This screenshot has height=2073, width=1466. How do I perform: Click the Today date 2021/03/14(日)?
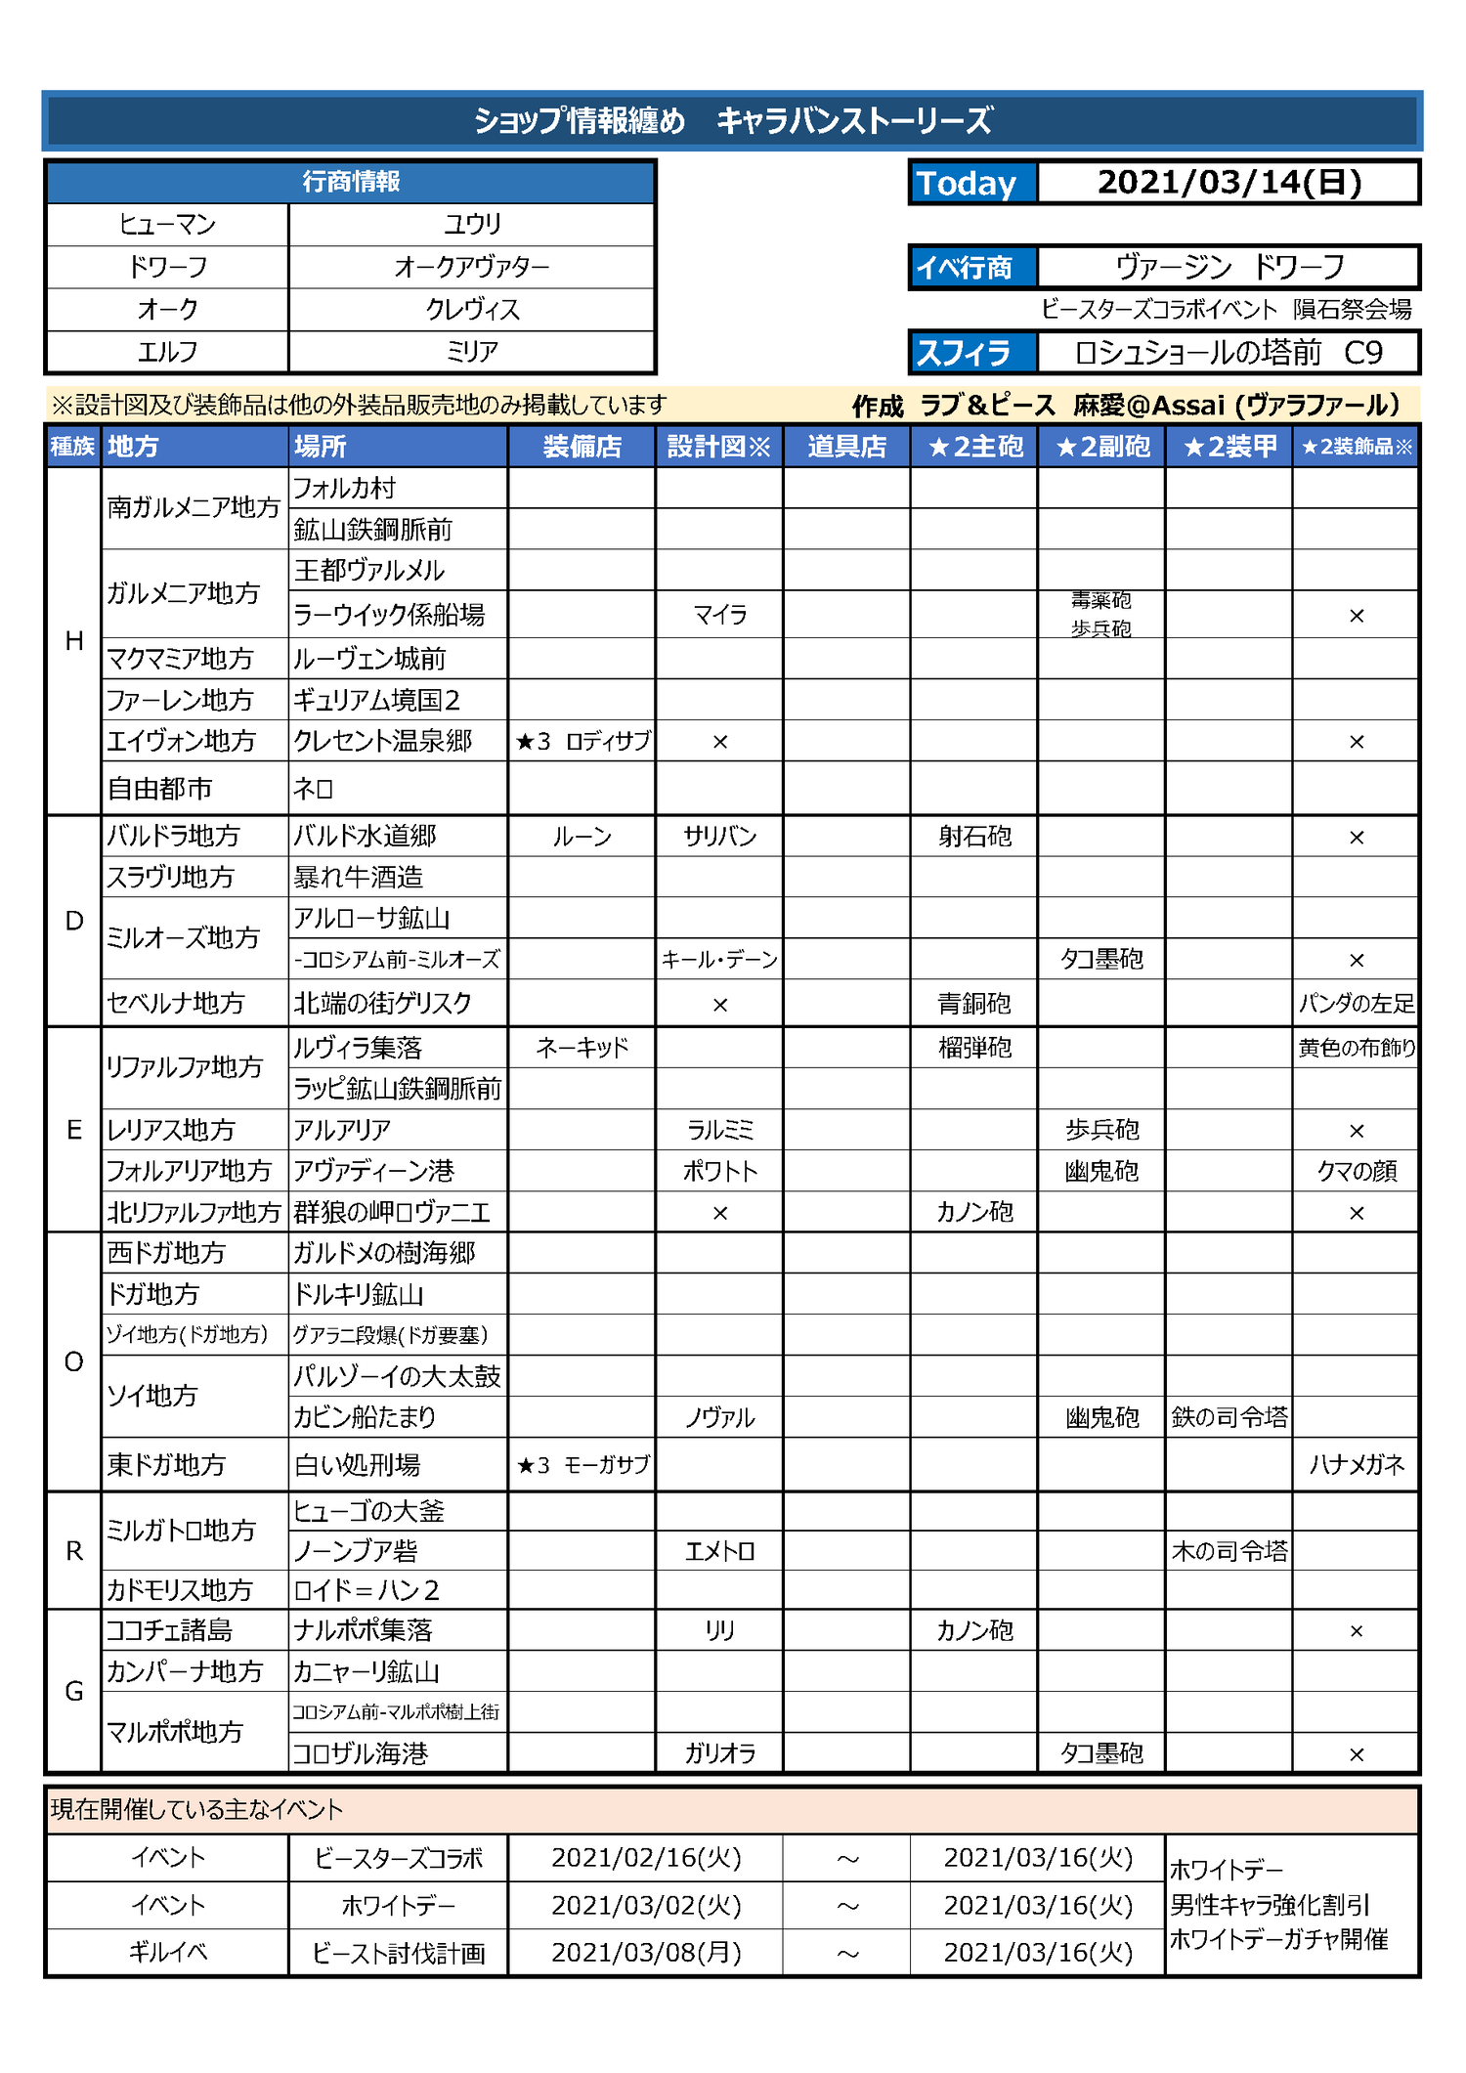pyautogui.click(x=1229, y=183)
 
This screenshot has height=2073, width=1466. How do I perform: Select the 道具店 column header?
pyautogui.click(x=846, y=447)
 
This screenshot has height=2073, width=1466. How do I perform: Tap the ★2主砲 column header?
pyautogui.click(x=974, y=447)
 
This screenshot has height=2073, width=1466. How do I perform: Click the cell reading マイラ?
pyautogui.click(x=719, y=615)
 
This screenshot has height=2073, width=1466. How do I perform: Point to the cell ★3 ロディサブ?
pyautogui.click(x=582, y=741)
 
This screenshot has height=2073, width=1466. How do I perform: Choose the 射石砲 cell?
pyautogui.click(x=974, y=837)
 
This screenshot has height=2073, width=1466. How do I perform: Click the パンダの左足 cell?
pyautogui.click(x=1356, y=1004)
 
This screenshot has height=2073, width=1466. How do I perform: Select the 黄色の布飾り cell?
pyautogui.click(x=1356, y=1048)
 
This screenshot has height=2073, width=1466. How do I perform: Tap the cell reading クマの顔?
pyautogui.click(x=1356, y=1171)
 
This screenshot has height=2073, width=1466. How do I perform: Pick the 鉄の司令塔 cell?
pyautogui.click(x=1229, y=1417)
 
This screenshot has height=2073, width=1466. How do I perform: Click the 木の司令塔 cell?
pyautogui.click(x=1229, y=1551)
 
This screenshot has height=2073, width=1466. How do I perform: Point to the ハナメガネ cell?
pyautogui.click(x=1356, y=1464)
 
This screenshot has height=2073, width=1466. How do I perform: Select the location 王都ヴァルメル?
pyautogui.click(x=369, y=571)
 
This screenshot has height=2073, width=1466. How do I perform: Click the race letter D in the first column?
pyautogui.click(x=74, y=921)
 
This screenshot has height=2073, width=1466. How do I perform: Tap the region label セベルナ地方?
pyautogui.click(x=176, y=1004)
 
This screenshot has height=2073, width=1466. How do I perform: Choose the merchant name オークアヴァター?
pyautogui.click(x=472, y=267)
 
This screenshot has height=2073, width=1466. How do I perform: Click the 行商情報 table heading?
pyautogui.click(x=351, y=182)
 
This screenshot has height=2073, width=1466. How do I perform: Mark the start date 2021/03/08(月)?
pyautogui.click(x=646, y=1953)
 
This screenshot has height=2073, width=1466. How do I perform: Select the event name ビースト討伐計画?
pyautogui.click(x=399, y=1953)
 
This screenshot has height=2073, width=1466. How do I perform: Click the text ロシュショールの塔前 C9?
pyautogui.click(x=1229, y=353)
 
